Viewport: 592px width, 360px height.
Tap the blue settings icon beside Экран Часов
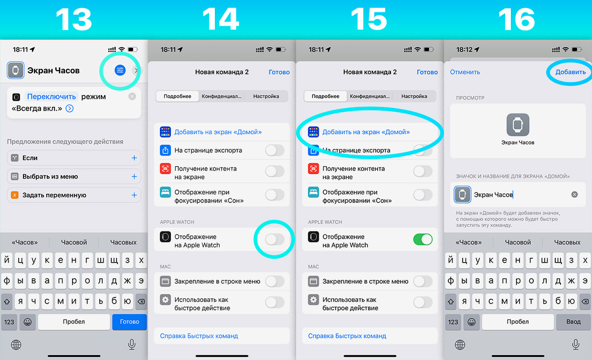(120, 70)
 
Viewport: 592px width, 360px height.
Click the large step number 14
(221, 19)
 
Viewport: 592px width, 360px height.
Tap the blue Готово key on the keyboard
(129, 322)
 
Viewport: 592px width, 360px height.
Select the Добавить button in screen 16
(571, 72)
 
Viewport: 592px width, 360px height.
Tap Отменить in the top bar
(465, 72)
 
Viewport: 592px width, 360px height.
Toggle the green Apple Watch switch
(423, 240)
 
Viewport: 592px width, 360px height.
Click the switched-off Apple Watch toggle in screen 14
(275, 240)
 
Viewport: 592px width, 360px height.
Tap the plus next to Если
(134, 158)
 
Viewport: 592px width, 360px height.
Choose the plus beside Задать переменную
(134, 195)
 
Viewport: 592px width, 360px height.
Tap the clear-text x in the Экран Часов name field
(574, 194)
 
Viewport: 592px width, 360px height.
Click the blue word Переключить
(52, 96)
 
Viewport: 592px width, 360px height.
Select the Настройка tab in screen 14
(266, 96)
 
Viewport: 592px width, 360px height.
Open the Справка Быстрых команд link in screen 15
(347, 336)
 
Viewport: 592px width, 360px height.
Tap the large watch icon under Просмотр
(518, 125)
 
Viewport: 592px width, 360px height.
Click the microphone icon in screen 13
(132, 345)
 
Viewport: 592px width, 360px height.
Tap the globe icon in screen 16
(460, 345)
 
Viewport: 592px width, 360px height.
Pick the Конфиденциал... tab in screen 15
(370, 96)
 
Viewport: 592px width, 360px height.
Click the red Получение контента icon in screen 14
(166, 169)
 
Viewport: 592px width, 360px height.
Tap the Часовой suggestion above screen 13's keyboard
(74, 242)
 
